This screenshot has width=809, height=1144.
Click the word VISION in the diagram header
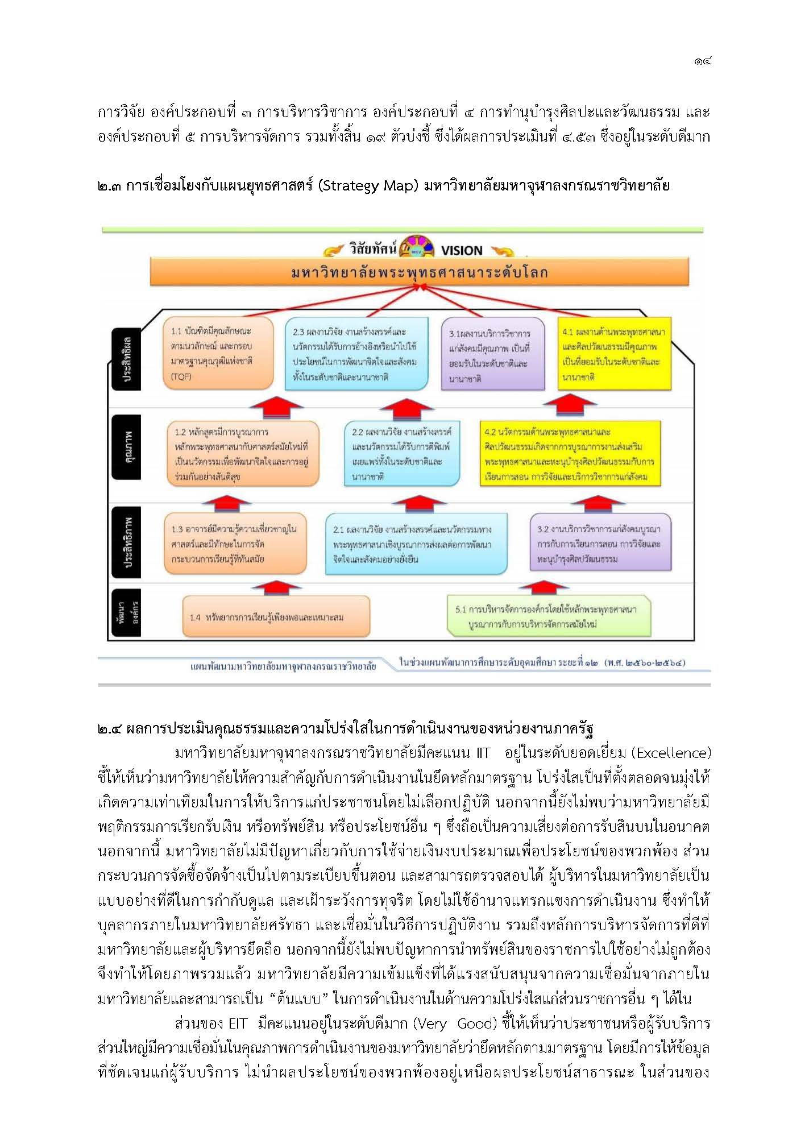click(461, 251)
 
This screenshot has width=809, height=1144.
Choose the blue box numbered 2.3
click(356, 354)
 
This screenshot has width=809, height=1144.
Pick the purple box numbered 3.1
click(492, 355)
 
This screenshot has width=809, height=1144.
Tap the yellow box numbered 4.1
click(614, 354)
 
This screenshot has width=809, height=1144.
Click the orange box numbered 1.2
click(243, 454)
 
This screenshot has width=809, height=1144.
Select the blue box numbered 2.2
click(401, 454)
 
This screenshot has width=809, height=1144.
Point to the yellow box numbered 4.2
click(570, 454)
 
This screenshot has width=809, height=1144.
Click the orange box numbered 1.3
click(235, 544)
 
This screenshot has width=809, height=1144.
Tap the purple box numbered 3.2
click(600, 544)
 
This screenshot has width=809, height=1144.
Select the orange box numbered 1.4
click(276, 617)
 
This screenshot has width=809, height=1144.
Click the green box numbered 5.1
click(549, 617)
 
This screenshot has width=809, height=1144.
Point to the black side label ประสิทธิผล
click(126, 359)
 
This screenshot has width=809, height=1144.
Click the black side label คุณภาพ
click(126, 447)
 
